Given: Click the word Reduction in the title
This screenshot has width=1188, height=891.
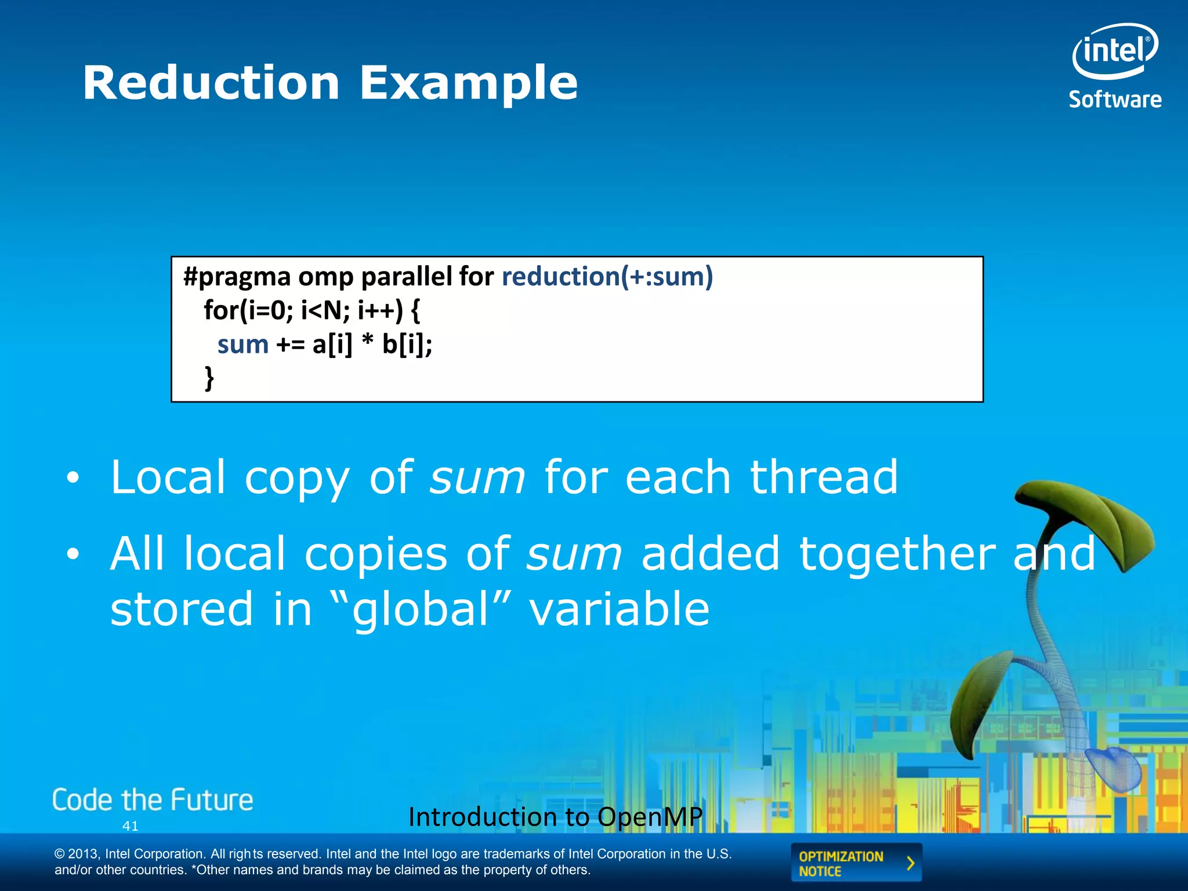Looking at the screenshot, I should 211,83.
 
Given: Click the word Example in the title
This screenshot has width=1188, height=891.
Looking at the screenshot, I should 469,83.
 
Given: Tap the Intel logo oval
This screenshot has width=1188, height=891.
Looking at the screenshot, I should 1115,51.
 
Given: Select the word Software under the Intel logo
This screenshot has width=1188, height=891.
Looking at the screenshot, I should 1115,100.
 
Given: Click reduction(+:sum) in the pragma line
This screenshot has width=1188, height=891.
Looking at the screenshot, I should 607,276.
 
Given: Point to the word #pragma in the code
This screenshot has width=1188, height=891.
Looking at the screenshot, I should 237,276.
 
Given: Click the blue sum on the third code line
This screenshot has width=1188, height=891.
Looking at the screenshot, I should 242,345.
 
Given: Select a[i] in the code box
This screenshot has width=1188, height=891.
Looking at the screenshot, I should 332,345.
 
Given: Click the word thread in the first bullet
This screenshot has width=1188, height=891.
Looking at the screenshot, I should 824,477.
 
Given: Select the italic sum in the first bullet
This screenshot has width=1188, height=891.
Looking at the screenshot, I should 477,478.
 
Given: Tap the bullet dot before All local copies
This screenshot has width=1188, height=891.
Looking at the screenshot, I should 72,555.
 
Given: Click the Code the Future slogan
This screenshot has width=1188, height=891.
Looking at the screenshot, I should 153,800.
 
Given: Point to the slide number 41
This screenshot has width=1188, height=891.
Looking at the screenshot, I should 131,826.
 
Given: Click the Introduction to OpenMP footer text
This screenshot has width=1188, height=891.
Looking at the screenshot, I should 555,817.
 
